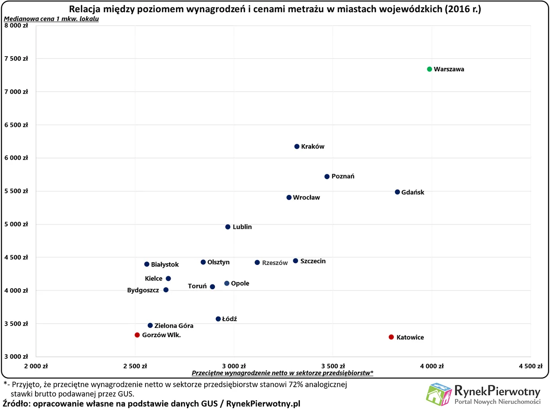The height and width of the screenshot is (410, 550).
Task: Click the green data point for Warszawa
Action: pyautogui.click(x=429, y=69)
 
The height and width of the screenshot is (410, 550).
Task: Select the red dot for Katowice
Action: pyautogui.click(x=391, y=337)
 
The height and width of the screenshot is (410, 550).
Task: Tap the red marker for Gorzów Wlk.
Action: pyautogui.click(x=137, y=335)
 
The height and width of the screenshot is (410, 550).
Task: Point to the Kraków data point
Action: pyautogui.click(x=297, y=146)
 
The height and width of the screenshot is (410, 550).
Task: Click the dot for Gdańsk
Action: pyautogui.click(x=397, y=192)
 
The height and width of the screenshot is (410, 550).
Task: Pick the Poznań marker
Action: pyautogui.click(x=327, y=176)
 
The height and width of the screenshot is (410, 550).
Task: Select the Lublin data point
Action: pyautogui.click(x=228, y=227)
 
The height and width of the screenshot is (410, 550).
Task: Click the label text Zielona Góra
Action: pyautogui.click(x=174, y=326)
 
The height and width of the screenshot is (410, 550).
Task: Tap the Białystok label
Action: pyautogui.click(x=165, y=265)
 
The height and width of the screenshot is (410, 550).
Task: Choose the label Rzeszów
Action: pyautogui.click(x=274, y=263)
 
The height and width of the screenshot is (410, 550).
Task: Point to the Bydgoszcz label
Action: pyautogui.click(x=143, y=291)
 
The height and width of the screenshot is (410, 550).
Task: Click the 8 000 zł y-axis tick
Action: pyautogui.click(x=17, y=26)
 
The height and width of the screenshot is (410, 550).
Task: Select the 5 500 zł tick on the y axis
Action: pyautogui.click(x=17, y=191)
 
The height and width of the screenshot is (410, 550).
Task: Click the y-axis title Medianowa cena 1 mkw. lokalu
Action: pyautogui.click(x=51, y=19)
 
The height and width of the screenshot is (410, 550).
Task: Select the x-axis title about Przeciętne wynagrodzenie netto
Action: pyautogui.click(x=283, y=373)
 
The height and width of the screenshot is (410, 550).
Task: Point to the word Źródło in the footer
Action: pyautogui.click(x=16, y=403)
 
